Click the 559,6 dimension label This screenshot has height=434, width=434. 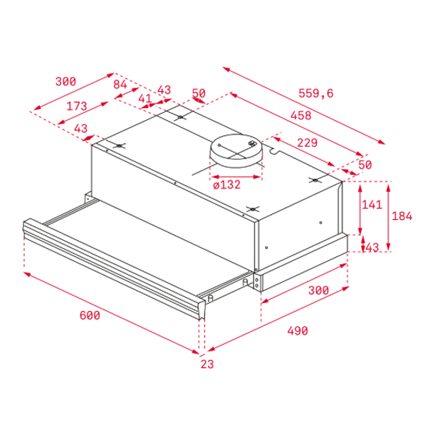pyautogui.click(x=316, y=93)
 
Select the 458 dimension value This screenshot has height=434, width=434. pyautogui.click(x=301, y=116)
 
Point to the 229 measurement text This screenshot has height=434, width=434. pyautogui.click(x=307, y=142)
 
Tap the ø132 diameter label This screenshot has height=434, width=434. pyautogui.click(x=227, y=184)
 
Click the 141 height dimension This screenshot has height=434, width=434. pyautogui.click(x=372, y=205)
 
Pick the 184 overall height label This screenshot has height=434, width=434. pyautogui.click(x=402, y=216)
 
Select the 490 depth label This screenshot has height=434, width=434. pyautogui.click(x=297, y=331)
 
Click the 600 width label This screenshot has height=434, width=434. pyautogui.click(x=90, y=315)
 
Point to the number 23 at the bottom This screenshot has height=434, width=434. pyautogui.click(x=207, y=365)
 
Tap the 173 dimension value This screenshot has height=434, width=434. pyautogui.click(x=77, y=106)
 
